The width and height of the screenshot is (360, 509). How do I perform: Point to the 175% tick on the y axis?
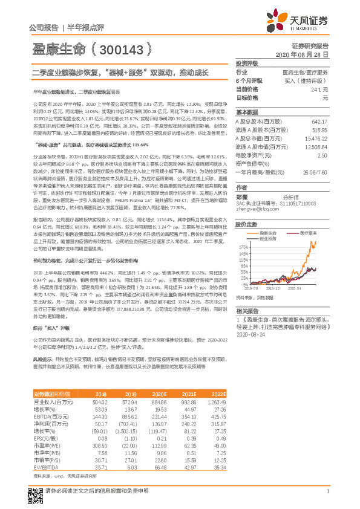(244, 248)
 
